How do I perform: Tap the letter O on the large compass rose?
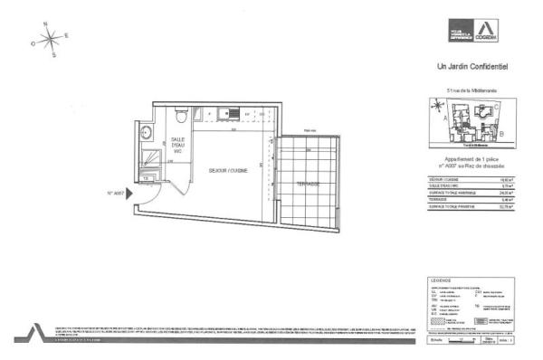(33, 43)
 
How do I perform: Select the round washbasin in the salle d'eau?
(148, 134)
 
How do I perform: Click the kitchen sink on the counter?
(232, 113)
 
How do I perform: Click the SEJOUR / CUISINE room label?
(227, 171)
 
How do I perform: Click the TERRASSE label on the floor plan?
(309, 183)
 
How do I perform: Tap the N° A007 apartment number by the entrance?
(115, 192)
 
